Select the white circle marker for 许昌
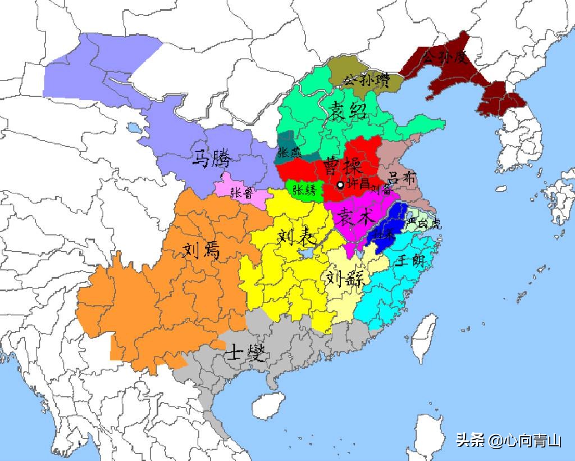click(x=340, y=185)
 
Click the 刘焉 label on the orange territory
click(x=201, y=249)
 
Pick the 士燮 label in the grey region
click(x=244, y=353)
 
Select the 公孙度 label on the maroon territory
click(x=445, y=57)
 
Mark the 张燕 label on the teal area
click(x=289, y=152)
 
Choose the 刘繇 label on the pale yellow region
click(x=344, y=278)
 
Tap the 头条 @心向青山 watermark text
click(x=508, y=440)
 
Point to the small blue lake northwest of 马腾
click(x=133, y=128)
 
